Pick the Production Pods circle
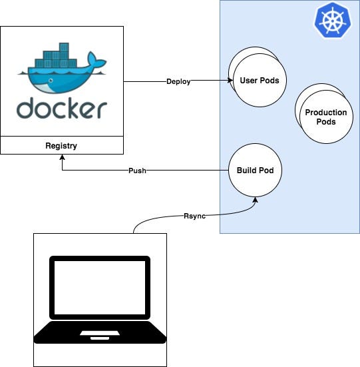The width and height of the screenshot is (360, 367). pos(325,117)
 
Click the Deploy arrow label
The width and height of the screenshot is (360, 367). pos(178,82)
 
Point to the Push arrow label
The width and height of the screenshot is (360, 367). pos(136,171)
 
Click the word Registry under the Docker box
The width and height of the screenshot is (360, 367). pos(62,145)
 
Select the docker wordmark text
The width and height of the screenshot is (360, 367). pos(62,109)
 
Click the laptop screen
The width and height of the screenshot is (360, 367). pos(99,290)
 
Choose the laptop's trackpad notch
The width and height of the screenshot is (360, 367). pos(99,332)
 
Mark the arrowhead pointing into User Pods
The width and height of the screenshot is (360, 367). pos(225,82)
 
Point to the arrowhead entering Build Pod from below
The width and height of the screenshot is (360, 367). pos(256,198)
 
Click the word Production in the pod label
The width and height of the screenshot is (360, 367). pos(325,113)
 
